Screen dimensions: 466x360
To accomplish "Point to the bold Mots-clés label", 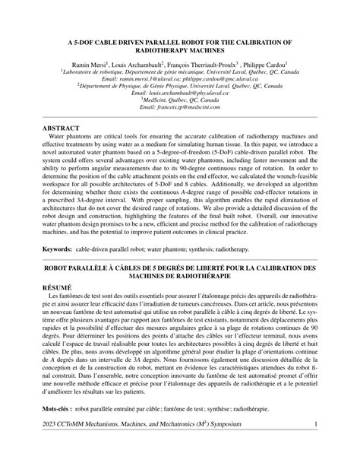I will tap(63, 409).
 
